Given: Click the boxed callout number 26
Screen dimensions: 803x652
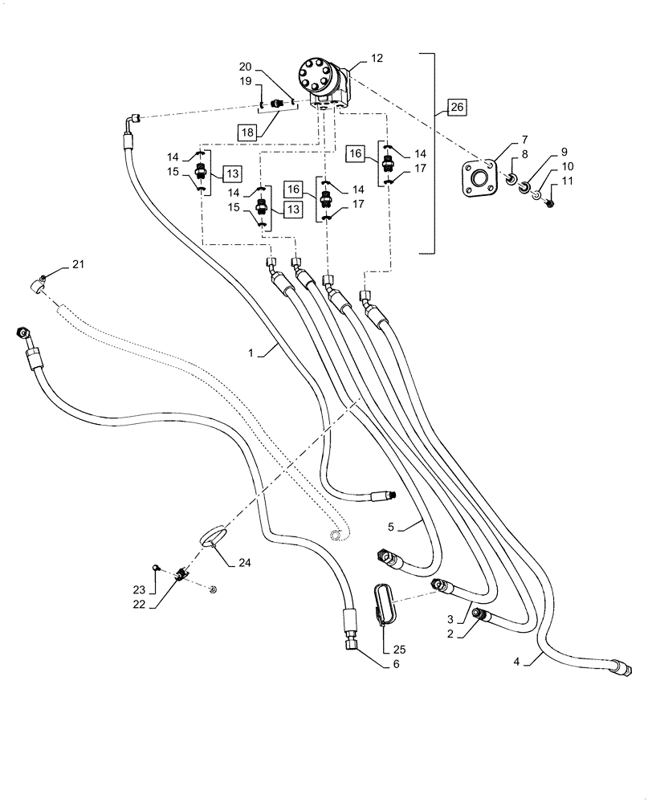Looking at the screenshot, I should (455, 107).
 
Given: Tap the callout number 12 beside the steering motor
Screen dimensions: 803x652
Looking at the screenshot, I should (377, 58).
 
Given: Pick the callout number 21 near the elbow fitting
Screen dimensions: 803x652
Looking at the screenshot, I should (77, 264).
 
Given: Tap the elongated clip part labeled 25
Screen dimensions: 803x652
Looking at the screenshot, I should (385, 603).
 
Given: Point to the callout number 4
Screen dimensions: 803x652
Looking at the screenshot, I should (518, 663).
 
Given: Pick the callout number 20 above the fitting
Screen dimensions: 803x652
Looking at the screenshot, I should (245, 67).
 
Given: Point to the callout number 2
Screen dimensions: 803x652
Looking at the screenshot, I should (451, 633).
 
